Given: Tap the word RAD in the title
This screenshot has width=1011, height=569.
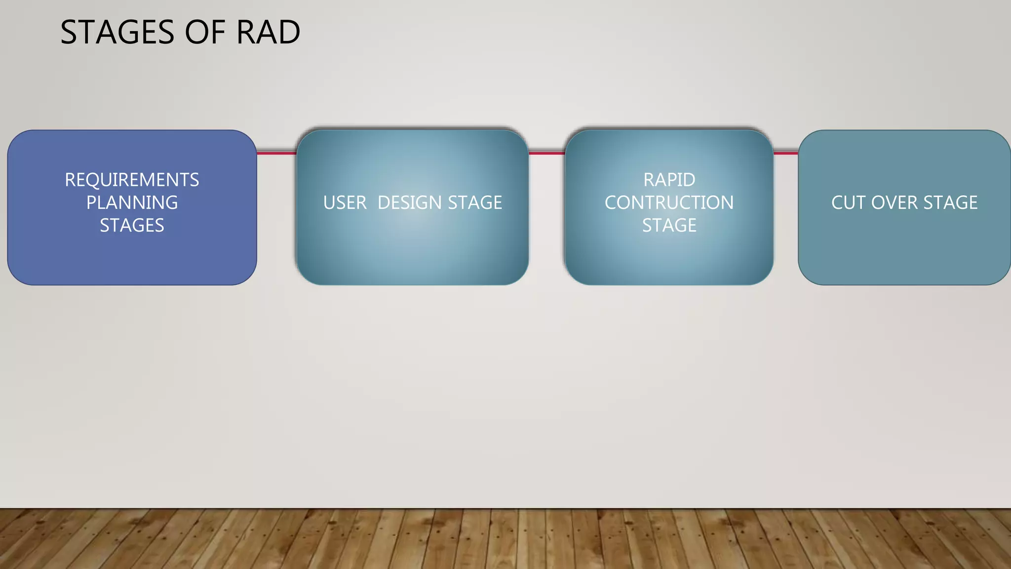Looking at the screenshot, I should (x=268, y=33).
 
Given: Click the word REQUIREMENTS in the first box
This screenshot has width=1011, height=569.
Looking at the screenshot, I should (x=132, y=180).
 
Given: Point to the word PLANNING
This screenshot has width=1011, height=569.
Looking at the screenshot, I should (x=132, y=203).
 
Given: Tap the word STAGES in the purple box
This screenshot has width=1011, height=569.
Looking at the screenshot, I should (x=132, y=226).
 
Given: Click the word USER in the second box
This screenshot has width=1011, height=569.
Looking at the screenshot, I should (x=345, y=203).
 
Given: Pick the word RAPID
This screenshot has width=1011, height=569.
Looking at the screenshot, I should (x=669, y=180).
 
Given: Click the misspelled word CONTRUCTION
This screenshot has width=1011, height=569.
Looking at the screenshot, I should (x=669, y=203).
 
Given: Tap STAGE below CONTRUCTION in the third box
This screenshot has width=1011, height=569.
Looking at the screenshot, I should (x=669, y=226).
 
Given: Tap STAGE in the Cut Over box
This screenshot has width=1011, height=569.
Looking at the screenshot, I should (x=950, y=203).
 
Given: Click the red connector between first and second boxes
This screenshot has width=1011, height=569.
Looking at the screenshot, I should (x=276, y=153).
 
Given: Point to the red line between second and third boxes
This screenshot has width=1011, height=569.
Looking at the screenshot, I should (x=546, y=153).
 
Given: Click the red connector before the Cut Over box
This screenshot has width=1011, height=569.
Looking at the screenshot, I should (x=785, y=153).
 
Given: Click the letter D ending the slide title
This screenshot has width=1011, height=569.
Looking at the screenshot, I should (x=290, y=33).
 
